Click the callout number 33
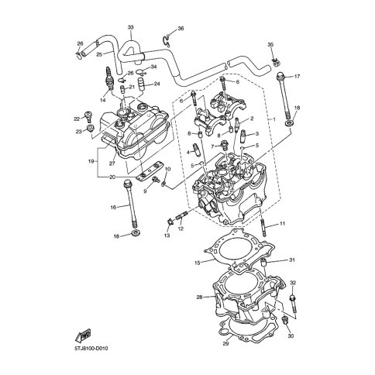[131, 27]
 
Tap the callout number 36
[181, 29]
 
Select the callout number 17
[297, 77]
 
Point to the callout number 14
[103, 100]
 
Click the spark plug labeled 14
[109, 78]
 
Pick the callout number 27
[112, 163]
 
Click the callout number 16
[113, 207]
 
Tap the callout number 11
[282, 223]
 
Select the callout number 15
[198, 263]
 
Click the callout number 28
[199, 298]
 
